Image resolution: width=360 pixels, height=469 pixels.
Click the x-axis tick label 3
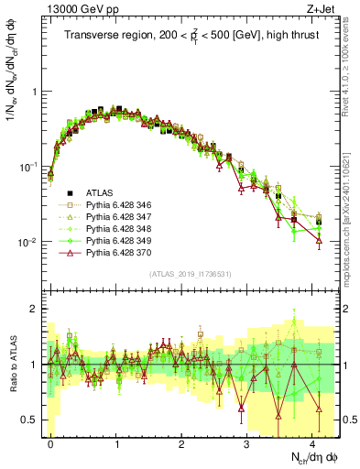coord(247,442)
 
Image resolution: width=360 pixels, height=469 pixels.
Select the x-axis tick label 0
coord(50,442)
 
